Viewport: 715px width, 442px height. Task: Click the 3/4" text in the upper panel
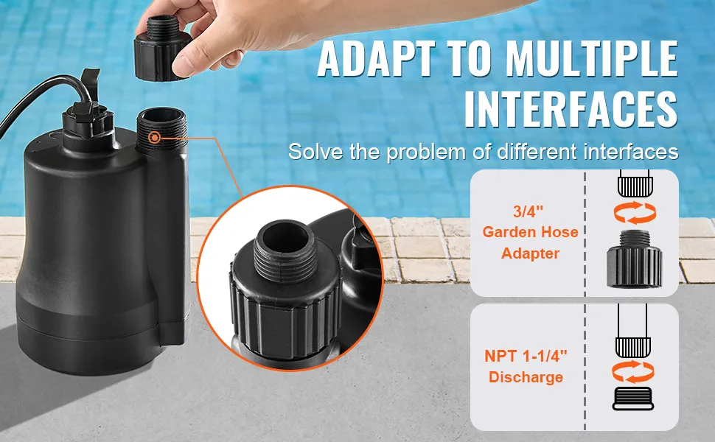pyautogui.click(x=529, y=211)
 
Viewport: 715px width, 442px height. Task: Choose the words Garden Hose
pyautogui.click(x=530, y=232)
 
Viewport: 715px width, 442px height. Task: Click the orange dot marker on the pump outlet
pyautogui.click(x=154, y=137)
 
